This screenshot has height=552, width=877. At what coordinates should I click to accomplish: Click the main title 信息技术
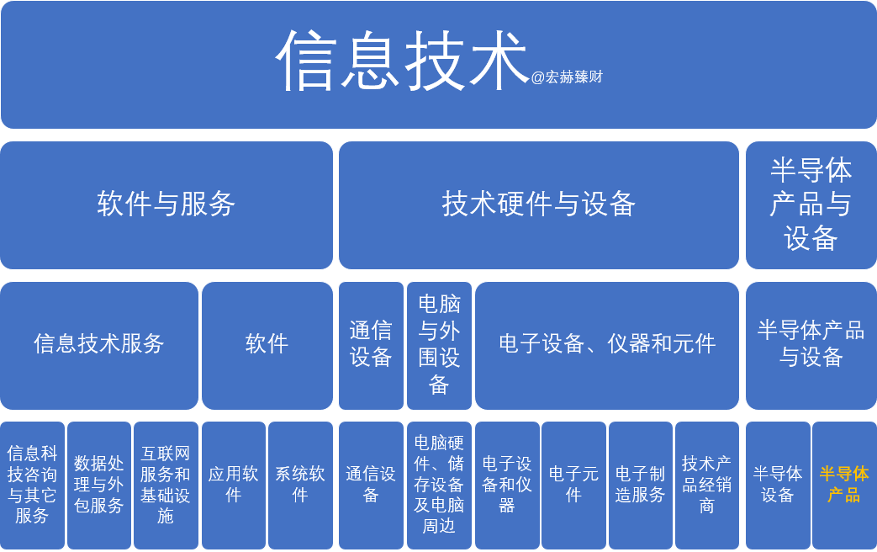pyautogui.click(x=402, y=61)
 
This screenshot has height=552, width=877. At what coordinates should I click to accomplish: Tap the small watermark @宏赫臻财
pyautogui.click(x=567, y=77)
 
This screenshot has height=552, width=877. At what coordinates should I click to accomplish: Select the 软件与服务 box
pyautogui.click(x=166, y=205)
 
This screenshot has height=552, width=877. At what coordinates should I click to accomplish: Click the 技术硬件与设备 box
pyautogui.click(x=539, y=205)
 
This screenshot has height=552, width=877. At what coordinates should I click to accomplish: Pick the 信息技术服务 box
pyautogui.click(x=99, y=345)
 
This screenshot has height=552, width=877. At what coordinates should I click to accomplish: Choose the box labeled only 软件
pyautogui.click(x=267, y=345)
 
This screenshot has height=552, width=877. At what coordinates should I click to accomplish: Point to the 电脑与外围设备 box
pyautogui.click(x=439, y=345)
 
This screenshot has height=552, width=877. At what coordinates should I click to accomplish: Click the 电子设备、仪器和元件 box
pyautogui.click(x=607, y=345)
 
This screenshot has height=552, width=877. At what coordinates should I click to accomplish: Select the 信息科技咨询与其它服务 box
pyautogui.click(x=32, y=486)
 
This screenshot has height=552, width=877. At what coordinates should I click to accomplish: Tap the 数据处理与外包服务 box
pyautogui.click(x=99, y=486)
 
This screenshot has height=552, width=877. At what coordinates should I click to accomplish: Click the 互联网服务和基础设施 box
pyautogui.click(x=166, y=486)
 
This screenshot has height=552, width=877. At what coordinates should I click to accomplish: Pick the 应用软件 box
pyautogui.click(x=233, y=486)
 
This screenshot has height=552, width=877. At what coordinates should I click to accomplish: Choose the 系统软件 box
pyautogui.click(x=300, y=486)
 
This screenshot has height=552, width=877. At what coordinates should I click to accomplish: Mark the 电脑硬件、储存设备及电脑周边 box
pyautogui.click(x=439, y=486)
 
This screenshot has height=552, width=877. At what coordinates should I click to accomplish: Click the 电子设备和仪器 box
pyautogui.click(x=507, y=486)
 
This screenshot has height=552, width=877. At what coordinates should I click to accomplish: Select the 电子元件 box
pyautogui.click(x=573, y=486)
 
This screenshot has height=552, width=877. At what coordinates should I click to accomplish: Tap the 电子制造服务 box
pyautogui.click(x=641, y=486)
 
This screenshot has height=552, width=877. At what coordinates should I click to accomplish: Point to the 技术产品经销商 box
pyautogui.click(x=707, y=486)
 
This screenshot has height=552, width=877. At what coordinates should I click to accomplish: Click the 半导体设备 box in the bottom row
pyautogui.click(x=778, y=486)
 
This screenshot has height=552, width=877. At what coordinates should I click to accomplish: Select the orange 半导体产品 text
pyautogui.click(x=844, y=484)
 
